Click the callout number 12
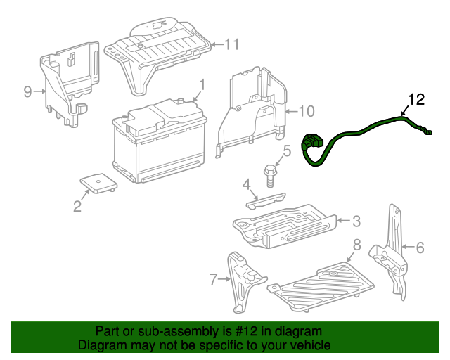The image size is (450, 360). pyautogui.click(x=416, y=99)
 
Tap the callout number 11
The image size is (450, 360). pyautogui.click(x=232, y=44)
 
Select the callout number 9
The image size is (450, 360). pyautogui.click(x=28, y=91)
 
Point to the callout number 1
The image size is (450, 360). pyautogui.click(x=201, y=85)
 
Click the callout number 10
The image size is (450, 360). pyautogui.click(x=307, y=110)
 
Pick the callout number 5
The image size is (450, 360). pyautogui.click(x=287, y=150)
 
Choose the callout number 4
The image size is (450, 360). pyautogui.click(x=247, y=185)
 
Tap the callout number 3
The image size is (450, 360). pyautogui.click(x=356, y=221)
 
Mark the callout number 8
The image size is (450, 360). pyautogui.click(x=356, y=245)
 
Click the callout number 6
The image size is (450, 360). pyautogui.click(x=420, y=247)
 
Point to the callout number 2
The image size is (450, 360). pyautogui.click(x=77, y=206)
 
